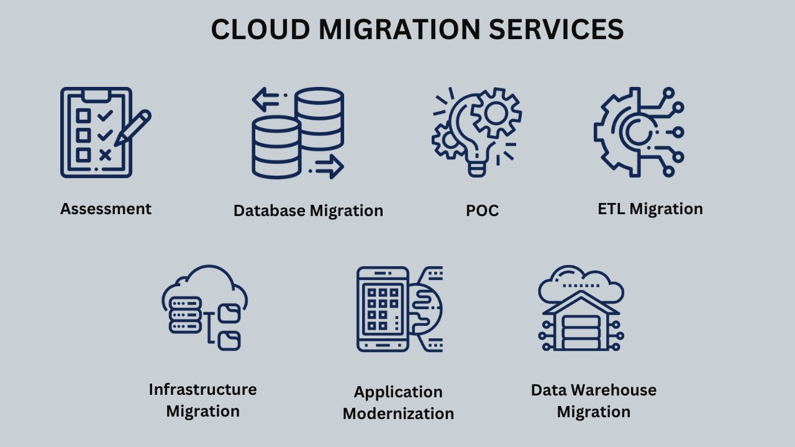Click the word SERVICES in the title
pos(556,29)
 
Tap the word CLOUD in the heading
pos(260,29)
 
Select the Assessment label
pos(106,209)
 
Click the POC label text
pos(483,210)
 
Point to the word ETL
pos(611,209)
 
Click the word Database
pos(270,210)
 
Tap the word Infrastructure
pos(202,389)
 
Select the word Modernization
pos(398,413)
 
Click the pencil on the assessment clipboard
pos(133,128)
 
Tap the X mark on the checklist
pos(106,155)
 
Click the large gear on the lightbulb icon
pos(496,113)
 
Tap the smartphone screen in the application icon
pos(383,309)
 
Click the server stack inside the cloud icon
pos(185,315)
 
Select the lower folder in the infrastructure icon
pos(229,341)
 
